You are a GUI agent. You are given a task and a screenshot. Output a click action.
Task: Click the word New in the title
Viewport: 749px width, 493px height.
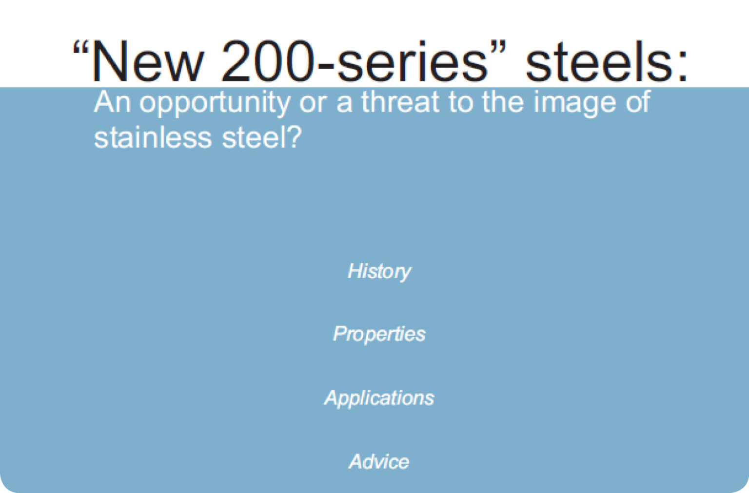pos(146,62)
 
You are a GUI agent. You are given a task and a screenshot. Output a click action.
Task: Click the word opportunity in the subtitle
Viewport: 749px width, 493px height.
pos(215,103)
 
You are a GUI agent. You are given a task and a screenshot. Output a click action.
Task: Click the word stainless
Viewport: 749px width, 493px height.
pos(153,137)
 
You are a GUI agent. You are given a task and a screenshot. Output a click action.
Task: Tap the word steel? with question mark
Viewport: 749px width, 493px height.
pos(262,137)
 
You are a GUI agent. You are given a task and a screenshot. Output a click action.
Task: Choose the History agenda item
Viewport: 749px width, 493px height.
pos(379,271)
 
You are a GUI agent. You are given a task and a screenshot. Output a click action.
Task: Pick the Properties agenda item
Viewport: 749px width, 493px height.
pos(379,334)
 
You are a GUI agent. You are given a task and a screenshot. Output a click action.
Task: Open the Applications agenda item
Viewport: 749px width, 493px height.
pos(379,398)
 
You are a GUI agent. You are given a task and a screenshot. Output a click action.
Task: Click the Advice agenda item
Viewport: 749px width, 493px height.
pos(379,461)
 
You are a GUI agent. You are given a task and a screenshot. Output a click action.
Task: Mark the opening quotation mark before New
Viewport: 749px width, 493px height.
pos(80,49)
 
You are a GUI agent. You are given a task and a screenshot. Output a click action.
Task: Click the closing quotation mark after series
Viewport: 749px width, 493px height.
pos(498,49)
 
